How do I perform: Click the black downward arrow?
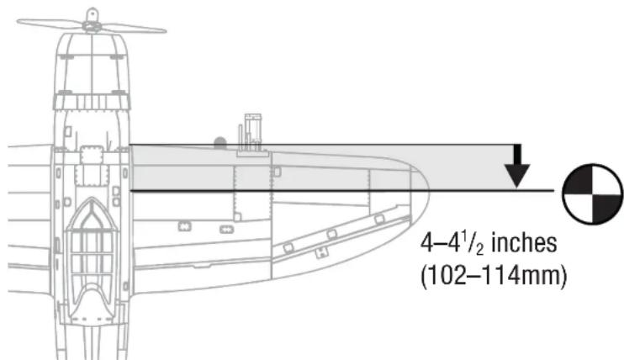[x=517, y=166]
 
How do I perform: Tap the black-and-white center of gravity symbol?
[x=593, y=193]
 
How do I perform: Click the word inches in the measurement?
[x=524, y=242]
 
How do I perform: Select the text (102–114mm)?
[x=494, y=275]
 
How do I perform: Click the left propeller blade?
[x=50, y=24]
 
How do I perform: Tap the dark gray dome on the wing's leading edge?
[x=220, y=142]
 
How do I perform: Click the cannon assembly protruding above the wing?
[x=252, y=134]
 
